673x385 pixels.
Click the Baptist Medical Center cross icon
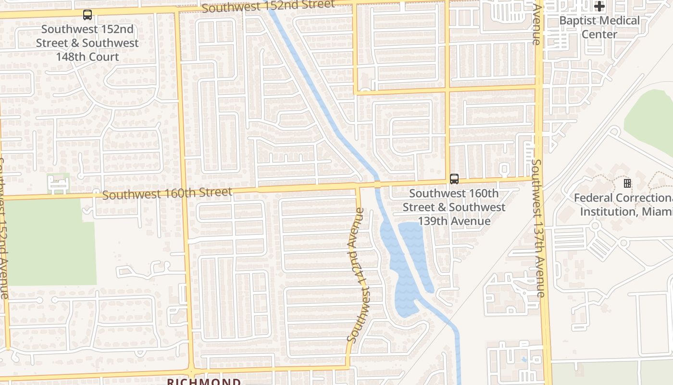point(599,7)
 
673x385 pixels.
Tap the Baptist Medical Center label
point(599,27)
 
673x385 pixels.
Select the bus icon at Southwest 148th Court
point(87,15)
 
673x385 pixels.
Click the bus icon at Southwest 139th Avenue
point(454,179)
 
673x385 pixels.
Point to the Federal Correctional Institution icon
point(627,183)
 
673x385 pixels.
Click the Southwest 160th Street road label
point(167,194)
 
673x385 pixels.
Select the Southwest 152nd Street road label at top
point(268,6)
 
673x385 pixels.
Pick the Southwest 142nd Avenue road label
point(358,275)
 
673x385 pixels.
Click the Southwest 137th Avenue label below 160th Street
point(538,229)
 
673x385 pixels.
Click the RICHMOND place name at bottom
point(204,382)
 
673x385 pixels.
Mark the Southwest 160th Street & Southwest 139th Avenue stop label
point(454,207)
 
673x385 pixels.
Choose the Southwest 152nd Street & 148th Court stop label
point(87,43)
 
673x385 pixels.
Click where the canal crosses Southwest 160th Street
point(377,184)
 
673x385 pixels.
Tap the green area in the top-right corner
point(651,120)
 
